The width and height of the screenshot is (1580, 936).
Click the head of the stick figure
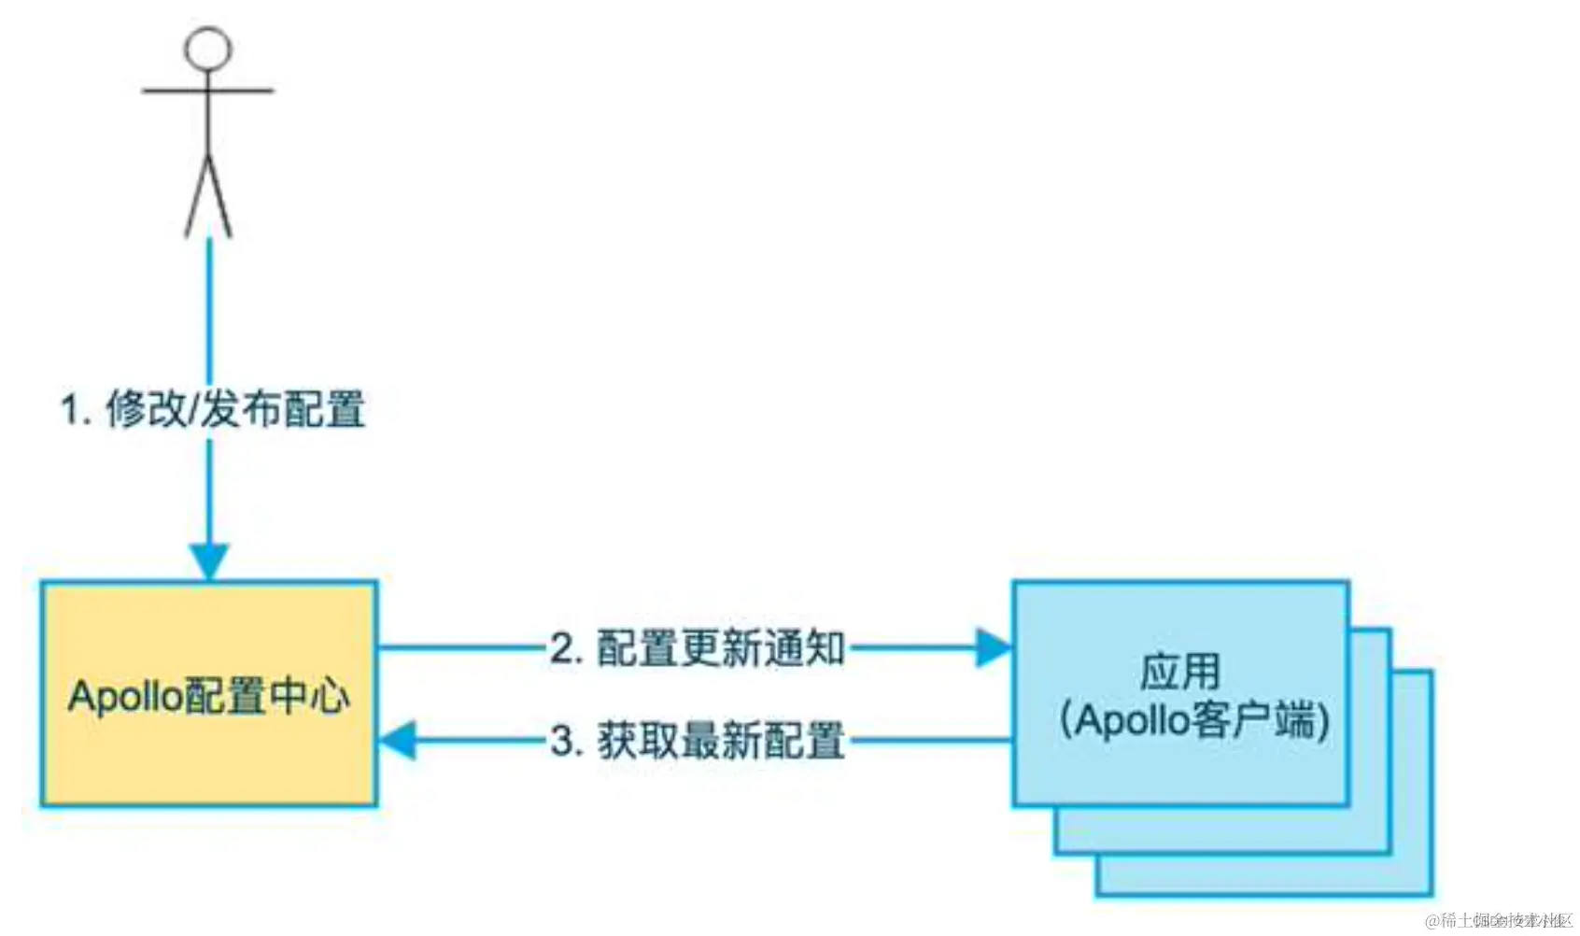[x=207, y=48]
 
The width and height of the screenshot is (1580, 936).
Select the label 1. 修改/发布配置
[x=213, y=410]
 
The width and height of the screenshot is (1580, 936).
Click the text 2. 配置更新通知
[x=698, y=648]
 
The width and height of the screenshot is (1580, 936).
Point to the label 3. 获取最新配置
[x=698, y=742]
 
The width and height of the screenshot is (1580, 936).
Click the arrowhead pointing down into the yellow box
[x=209, y=561]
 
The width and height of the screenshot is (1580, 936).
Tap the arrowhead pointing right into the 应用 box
[x=993, y=647]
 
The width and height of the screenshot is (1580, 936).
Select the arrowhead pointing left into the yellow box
[x=398, y=741]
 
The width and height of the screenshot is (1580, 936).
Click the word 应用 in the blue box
[x=1180, y=672]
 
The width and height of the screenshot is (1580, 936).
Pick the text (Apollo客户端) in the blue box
[x=1194, y=720]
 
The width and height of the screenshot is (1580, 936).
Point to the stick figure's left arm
[x=173, y=91]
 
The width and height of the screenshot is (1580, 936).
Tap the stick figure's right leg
[x=220, y=196]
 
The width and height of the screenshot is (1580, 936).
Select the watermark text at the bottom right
[x=1498, y=920]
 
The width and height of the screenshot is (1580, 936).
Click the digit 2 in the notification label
[x=561, y=648]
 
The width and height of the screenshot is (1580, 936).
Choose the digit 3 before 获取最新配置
[x=562, y=742]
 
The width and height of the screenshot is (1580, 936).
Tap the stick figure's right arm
[x=243, y=91]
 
